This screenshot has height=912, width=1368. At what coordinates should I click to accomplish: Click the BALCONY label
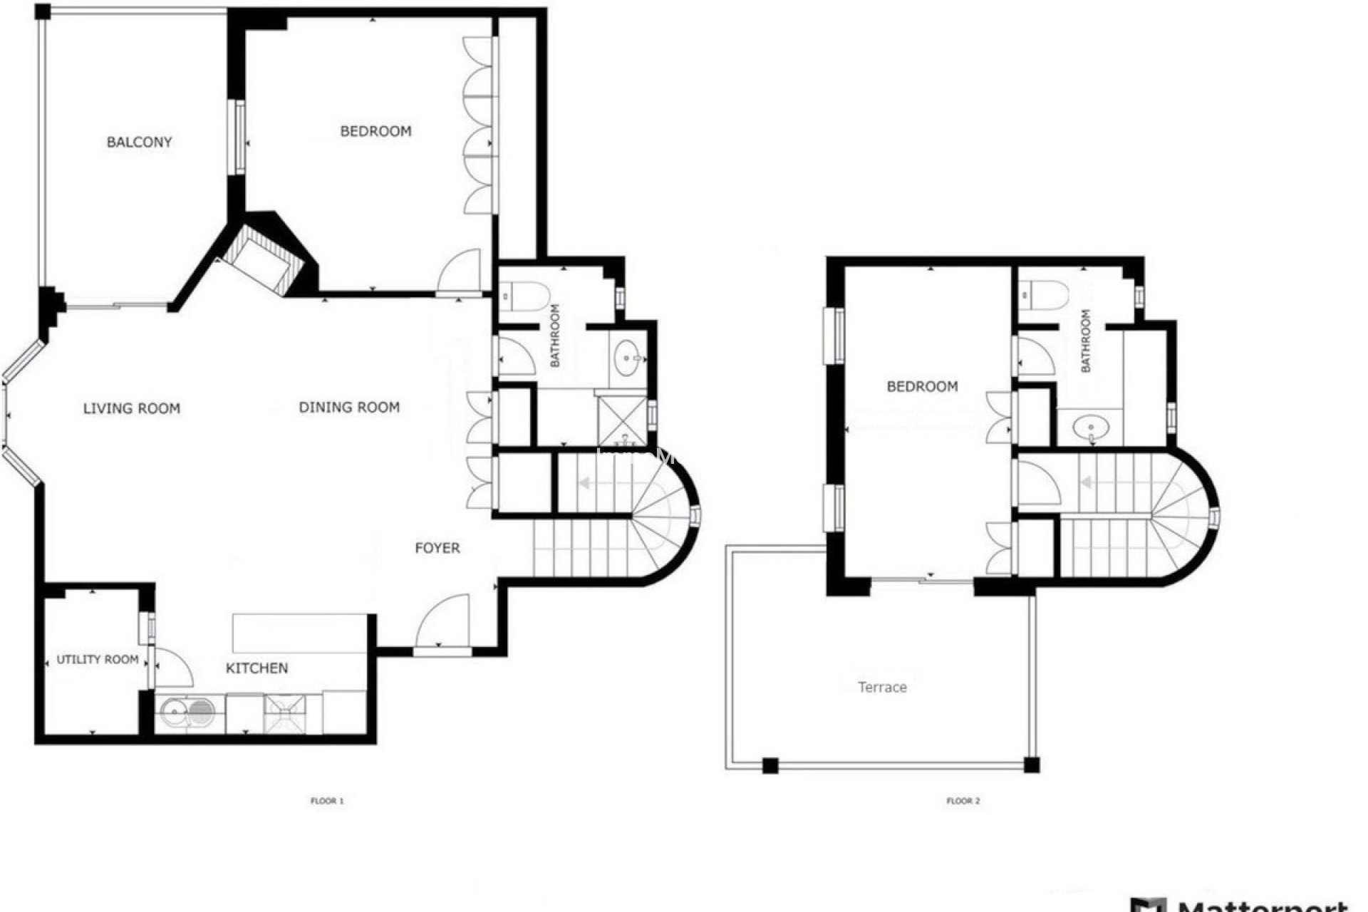click(139, 142)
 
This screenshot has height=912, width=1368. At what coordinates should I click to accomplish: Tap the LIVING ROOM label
click(132, 408)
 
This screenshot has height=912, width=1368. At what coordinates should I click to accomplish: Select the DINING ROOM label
click(349, 407)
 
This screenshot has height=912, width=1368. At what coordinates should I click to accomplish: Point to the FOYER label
click(437, 547)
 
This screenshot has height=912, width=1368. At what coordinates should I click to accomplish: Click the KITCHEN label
click(256, 668)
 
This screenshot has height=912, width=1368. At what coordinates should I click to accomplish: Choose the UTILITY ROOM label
click(98, 659)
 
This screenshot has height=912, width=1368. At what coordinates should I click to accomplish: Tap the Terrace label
click(882, 687)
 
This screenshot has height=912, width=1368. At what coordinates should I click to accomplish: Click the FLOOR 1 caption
click(327, 801)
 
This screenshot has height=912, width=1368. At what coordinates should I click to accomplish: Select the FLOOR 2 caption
click(963, 801)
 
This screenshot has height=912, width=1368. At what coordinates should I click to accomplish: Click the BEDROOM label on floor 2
click(922, 386)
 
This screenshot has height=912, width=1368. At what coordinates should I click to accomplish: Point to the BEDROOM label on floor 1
click(375, 131)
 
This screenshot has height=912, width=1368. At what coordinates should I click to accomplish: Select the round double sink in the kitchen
click(187, 710)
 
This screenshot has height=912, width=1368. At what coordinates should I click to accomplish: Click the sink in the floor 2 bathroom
click(1091, 428)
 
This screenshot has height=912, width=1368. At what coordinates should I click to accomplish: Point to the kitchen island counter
click(299, 633)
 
